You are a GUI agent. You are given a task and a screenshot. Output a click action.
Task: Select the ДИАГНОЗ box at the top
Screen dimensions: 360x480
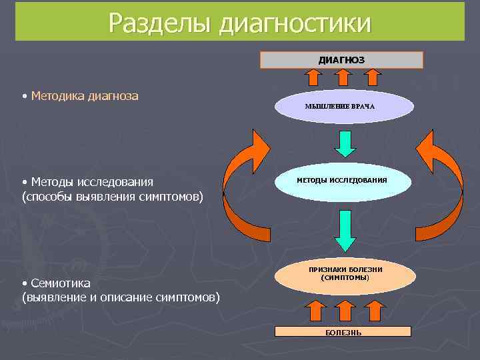(x=341, y=60)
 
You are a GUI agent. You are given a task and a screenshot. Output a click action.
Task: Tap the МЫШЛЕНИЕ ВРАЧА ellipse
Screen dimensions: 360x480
(x=340, y=107)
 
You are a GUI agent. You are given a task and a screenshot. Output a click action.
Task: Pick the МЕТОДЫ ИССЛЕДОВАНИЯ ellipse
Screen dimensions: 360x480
(x=341, y=181)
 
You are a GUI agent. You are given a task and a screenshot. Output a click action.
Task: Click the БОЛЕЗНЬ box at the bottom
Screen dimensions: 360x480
(x=343, y=331)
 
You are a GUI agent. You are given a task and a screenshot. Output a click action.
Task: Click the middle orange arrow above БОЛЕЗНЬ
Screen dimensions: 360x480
(x=344, y=311)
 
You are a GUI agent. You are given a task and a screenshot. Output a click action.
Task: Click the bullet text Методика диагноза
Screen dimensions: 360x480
(x=84, y=96)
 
